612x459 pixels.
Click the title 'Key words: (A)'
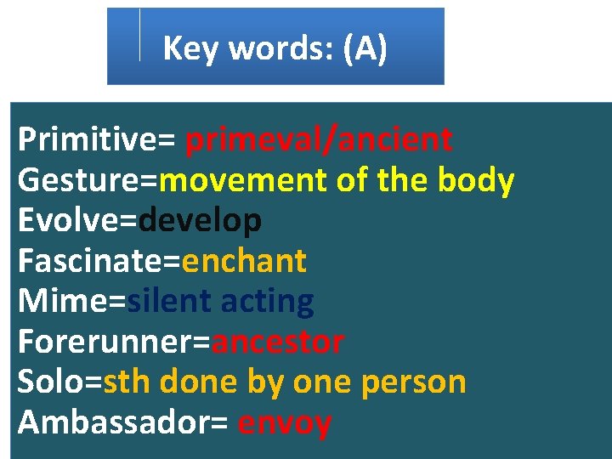click(x=275, y=48)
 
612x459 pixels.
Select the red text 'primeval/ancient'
click(x=319, y=139)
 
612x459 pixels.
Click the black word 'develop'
click(x=200, y=221)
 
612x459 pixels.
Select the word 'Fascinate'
click(x=93, y=261)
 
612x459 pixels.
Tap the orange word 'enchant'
click(x=244, y=261)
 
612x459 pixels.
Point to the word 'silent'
click(x=169, y=301)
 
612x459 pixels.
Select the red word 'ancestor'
click(x=278, y=343)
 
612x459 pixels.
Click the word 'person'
click(x=414, y=382)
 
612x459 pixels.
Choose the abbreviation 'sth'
click(x=127, y=382)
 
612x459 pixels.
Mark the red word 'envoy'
click(x=285, y=422)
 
